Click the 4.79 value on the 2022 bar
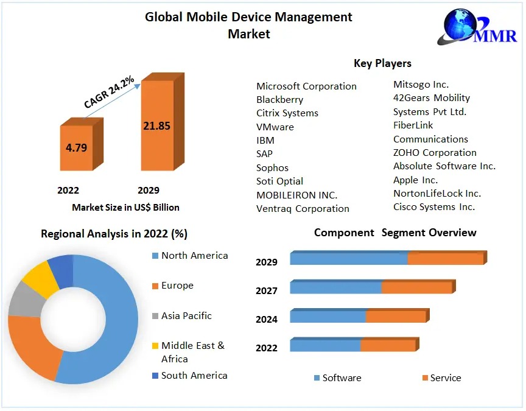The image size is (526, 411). coord(76,147)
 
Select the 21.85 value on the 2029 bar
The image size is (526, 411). coord(156,126)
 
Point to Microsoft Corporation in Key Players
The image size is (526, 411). coord(306,86)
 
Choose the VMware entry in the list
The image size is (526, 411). coord(275,127)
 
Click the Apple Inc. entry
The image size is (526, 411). coord(415,180)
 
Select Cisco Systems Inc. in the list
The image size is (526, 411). coord(433,207)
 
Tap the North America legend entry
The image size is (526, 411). coord(194,256)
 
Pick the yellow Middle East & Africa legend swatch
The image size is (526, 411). coord(155,346)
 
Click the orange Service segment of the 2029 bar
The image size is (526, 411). coord(445,259)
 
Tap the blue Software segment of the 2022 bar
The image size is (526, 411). coord(325,346)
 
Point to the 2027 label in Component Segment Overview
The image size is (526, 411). coord(267,291)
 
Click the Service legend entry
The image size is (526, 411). coord(445,378)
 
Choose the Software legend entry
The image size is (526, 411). coord(341,378)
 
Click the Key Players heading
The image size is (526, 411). coord(382,63)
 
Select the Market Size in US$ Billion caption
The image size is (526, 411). coord(125,208)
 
